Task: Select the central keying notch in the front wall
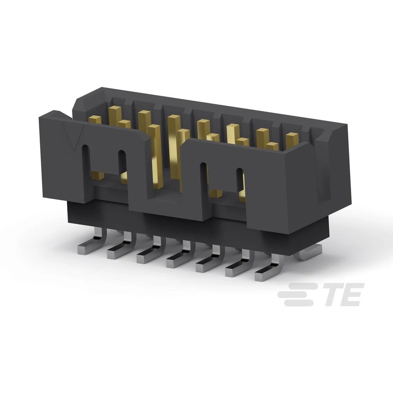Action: (x=165, y=165)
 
